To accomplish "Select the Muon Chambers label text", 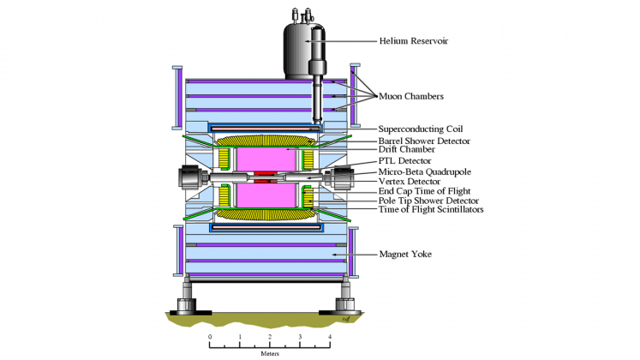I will click(416, 97).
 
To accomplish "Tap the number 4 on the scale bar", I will click(329, 337).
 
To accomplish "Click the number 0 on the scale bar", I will click(210, 337).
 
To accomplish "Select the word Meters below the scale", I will click(270, 353).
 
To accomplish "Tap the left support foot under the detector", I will click(186, 303).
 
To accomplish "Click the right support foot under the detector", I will click(346, 303).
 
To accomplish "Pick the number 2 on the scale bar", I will click(270, 337).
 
